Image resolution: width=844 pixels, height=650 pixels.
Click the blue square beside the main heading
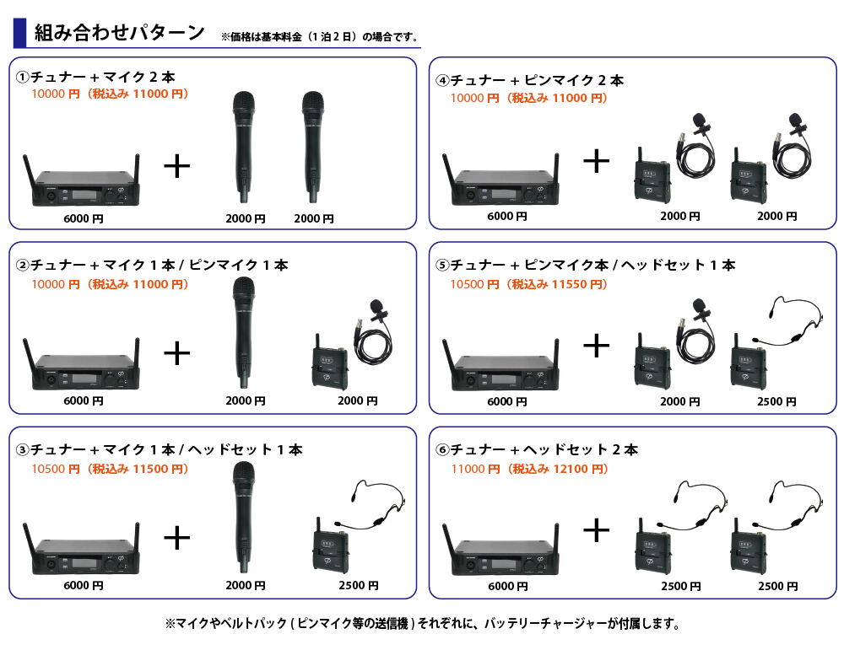pyautogui.click(x=19, y=32)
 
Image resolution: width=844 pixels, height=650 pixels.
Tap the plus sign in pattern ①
pyautogui.click(x=176, y=165)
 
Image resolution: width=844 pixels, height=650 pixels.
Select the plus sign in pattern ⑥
pyautogui.click(x=597, y=530)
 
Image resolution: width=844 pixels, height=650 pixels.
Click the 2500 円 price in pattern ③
pyautogui.click(x=359, y=585)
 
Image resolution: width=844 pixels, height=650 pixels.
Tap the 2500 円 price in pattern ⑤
pyautogui.click(x=776, y=401)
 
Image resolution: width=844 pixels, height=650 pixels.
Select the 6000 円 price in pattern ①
pyautogui.click(x=84, y=219)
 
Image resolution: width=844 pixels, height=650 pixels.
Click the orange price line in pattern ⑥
pyautogui.click(x=530, y=469)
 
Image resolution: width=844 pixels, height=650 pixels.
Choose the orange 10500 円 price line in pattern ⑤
pyautogui.click(x=528, y=284)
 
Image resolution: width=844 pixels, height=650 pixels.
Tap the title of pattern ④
pyautogui.click(x=530, y=81)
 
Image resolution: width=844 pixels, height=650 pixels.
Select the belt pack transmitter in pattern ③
pyautogui.click(x=330, y=545)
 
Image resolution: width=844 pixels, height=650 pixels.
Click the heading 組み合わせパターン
pyautogui.click(x=120, y=32)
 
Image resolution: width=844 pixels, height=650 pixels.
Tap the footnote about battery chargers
pyautogui.click(x=423, y=624)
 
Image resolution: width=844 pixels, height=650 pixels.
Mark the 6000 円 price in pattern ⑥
pyautogui.click(x=507, y=586)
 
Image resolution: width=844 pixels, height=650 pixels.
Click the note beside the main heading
pyautogui.click(x=320, y=36)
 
